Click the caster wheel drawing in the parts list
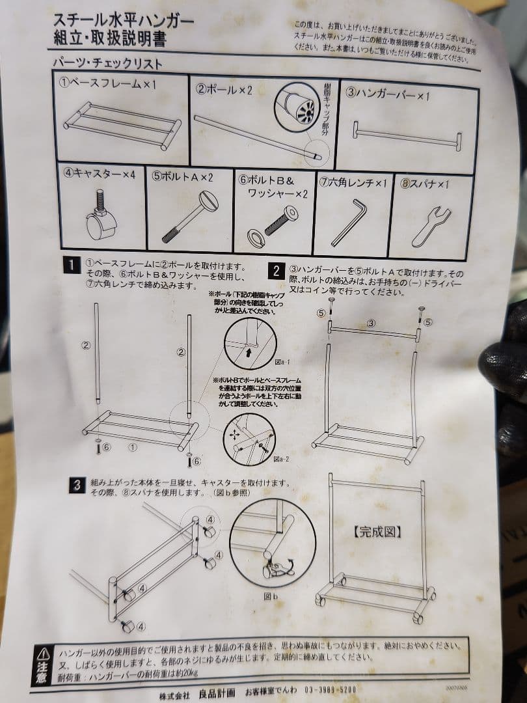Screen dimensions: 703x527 tap(100, 218)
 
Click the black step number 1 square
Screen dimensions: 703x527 tap(70, 266)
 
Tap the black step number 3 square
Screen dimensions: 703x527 tap(77, 485)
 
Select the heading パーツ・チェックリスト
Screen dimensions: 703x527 tap(107, 64)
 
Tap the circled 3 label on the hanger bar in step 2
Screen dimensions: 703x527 tap(371, 322)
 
